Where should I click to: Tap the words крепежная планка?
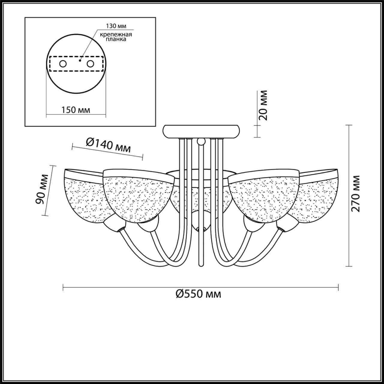tap(116, 37)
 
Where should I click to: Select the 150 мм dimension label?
tap(76, 110)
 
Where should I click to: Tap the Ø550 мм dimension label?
tap(199, 294)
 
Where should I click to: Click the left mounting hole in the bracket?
tap(63, 64)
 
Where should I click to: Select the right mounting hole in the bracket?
tap(90, 64)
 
